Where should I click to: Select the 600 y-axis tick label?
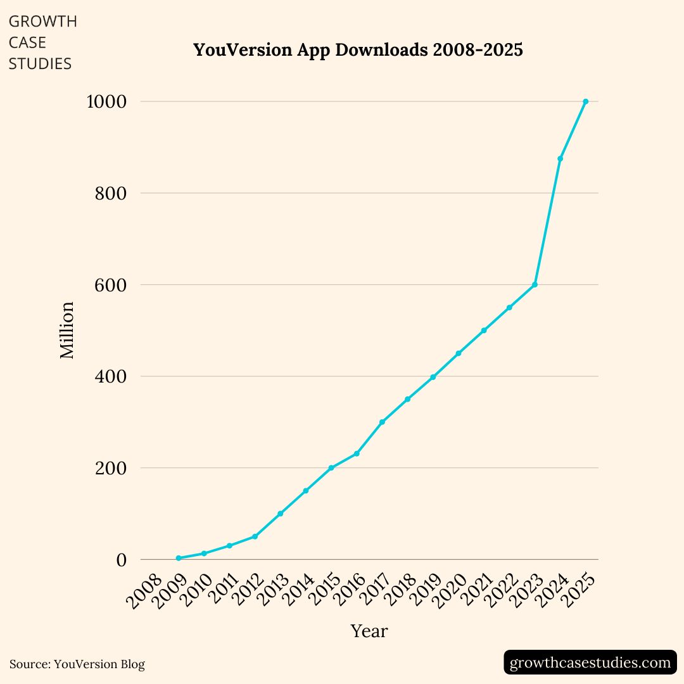pos(110,285)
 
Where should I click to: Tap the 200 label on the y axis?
pos(110,468)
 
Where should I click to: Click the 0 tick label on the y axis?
pos(121,560)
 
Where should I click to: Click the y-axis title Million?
pos(67,331)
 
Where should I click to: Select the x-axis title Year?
pos(369,631)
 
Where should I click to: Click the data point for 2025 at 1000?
pos(585,101)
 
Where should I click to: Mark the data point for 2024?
pos(560,158)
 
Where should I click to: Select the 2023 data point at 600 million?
pos(535,285)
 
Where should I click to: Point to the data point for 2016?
pos(357,453)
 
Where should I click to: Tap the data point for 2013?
pos(280,514)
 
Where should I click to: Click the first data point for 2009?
pos(179,558)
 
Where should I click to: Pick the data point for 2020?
pos(459,353)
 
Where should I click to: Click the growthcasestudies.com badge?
pos(590,662)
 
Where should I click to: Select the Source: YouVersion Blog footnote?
pos(77,664)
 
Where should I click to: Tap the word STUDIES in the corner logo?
pos(40,64)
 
